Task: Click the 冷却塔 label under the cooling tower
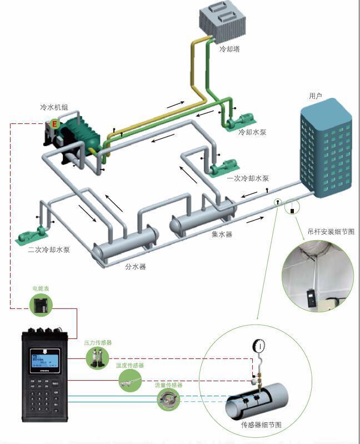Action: (229, 49)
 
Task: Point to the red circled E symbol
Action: (54, 124)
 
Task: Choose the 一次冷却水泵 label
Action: (248, 178)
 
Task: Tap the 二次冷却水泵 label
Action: (49, 250)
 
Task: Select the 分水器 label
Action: (135, 267)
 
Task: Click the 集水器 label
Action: (221, 235)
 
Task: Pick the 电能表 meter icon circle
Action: (41, 304)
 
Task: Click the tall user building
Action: (326, 150)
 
